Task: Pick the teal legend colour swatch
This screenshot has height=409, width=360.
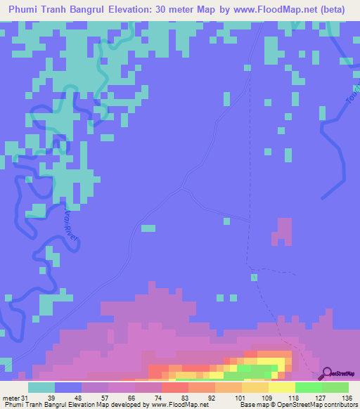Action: click(x=41, y=387)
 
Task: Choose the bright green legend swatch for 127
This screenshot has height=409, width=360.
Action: click(x=309, y=387)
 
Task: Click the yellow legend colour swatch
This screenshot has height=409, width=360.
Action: click(x=282, y=387)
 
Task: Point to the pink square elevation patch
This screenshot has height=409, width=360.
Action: click(x=283, y=231)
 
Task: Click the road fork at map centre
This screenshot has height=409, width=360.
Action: click(x=183, y=188)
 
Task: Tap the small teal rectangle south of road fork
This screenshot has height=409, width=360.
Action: click(x=148, y=228)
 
